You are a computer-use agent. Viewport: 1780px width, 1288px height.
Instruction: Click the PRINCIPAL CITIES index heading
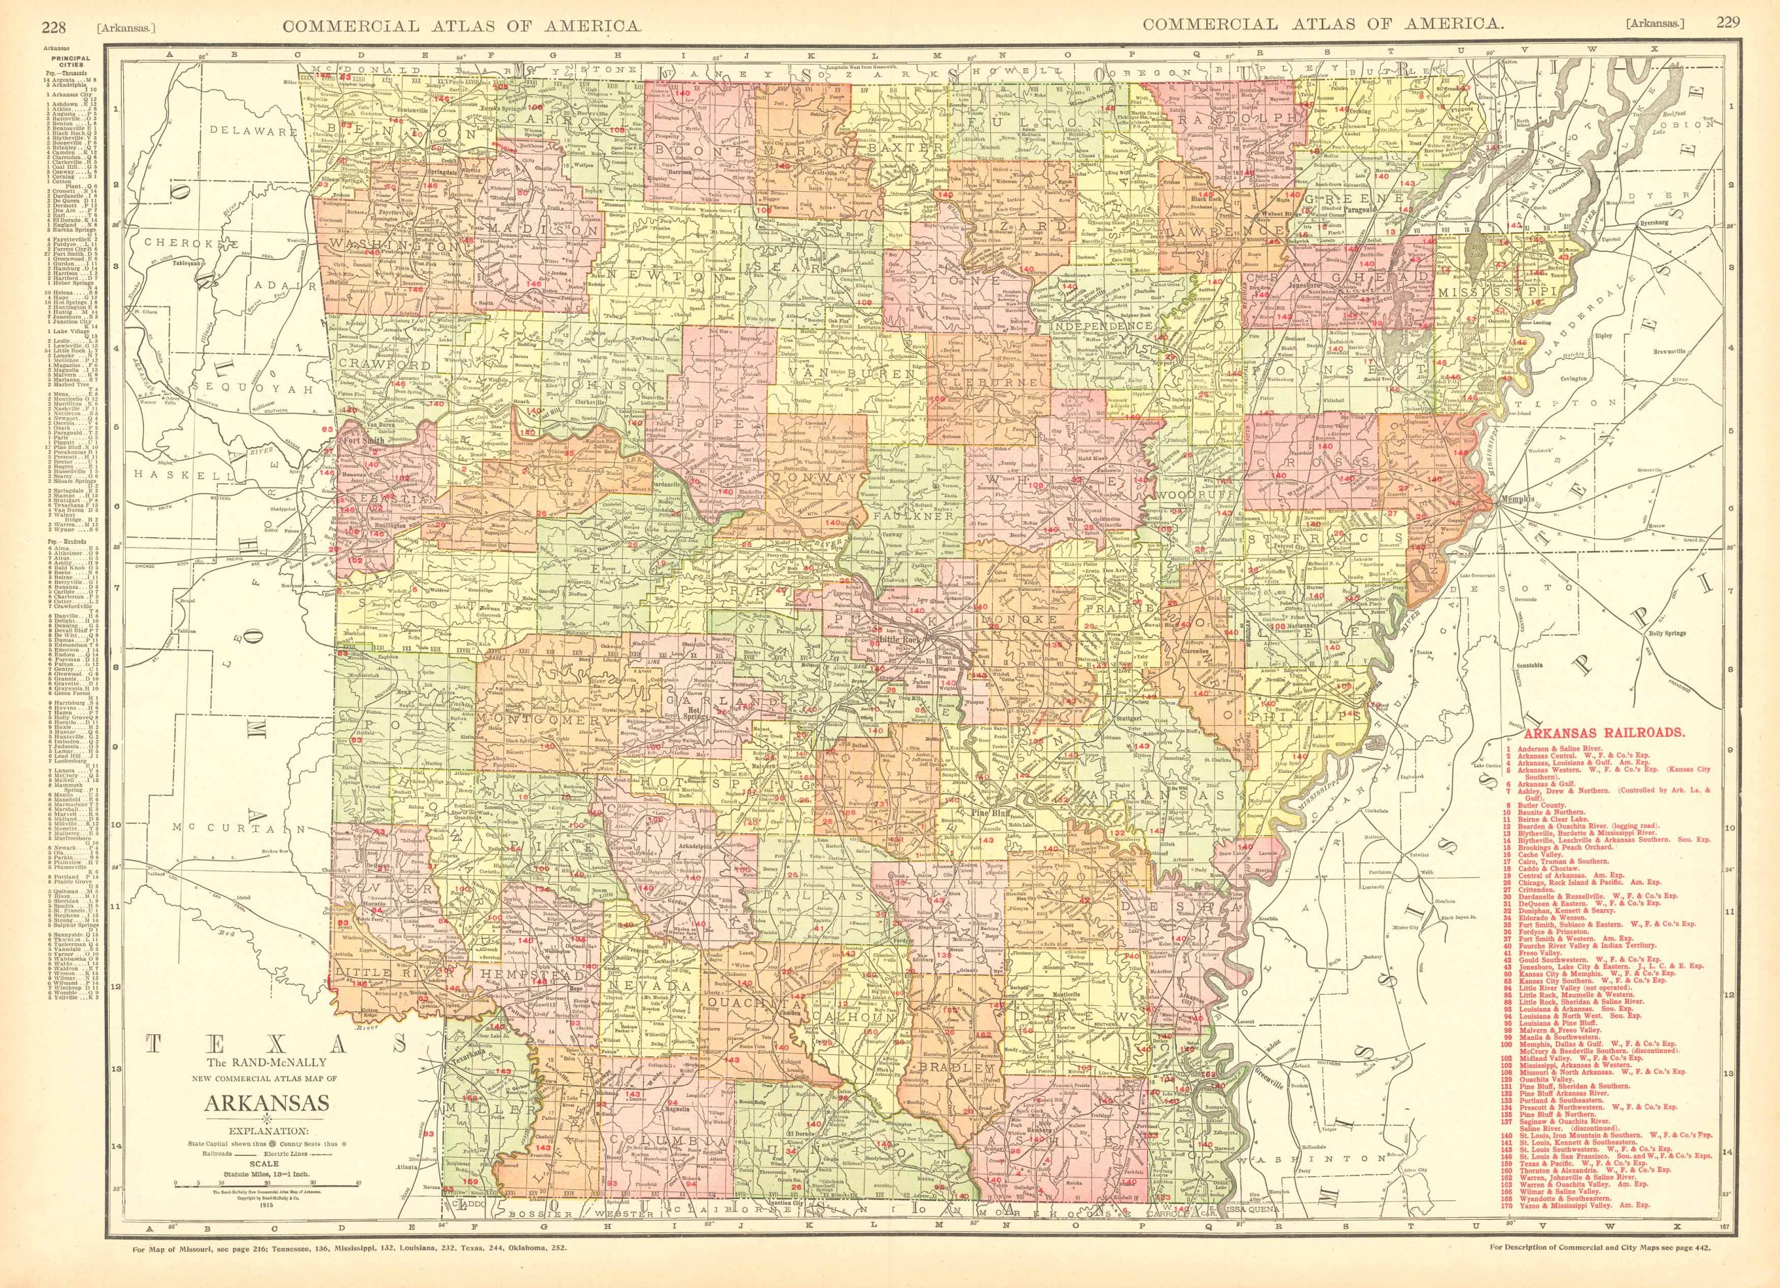[65, 62]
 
